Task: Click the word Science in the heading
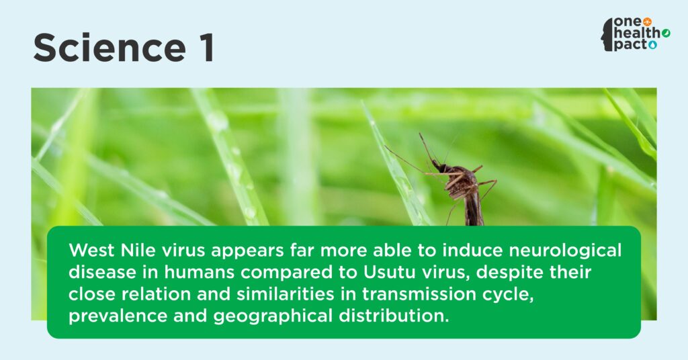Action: click(x=110, y=48)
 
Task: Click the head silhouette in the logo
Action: click(x=607, y=34)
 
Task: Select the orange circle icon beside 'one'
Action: click(x=647, y=22)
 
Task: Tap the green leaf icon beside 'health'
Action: click(x=666, y=34)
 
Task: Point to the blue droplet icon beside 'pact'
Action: click(x=652, y=45)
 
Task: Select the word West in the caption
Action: click(x=91, y=250)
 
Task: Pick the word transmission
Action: click(x=419, y=294)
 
